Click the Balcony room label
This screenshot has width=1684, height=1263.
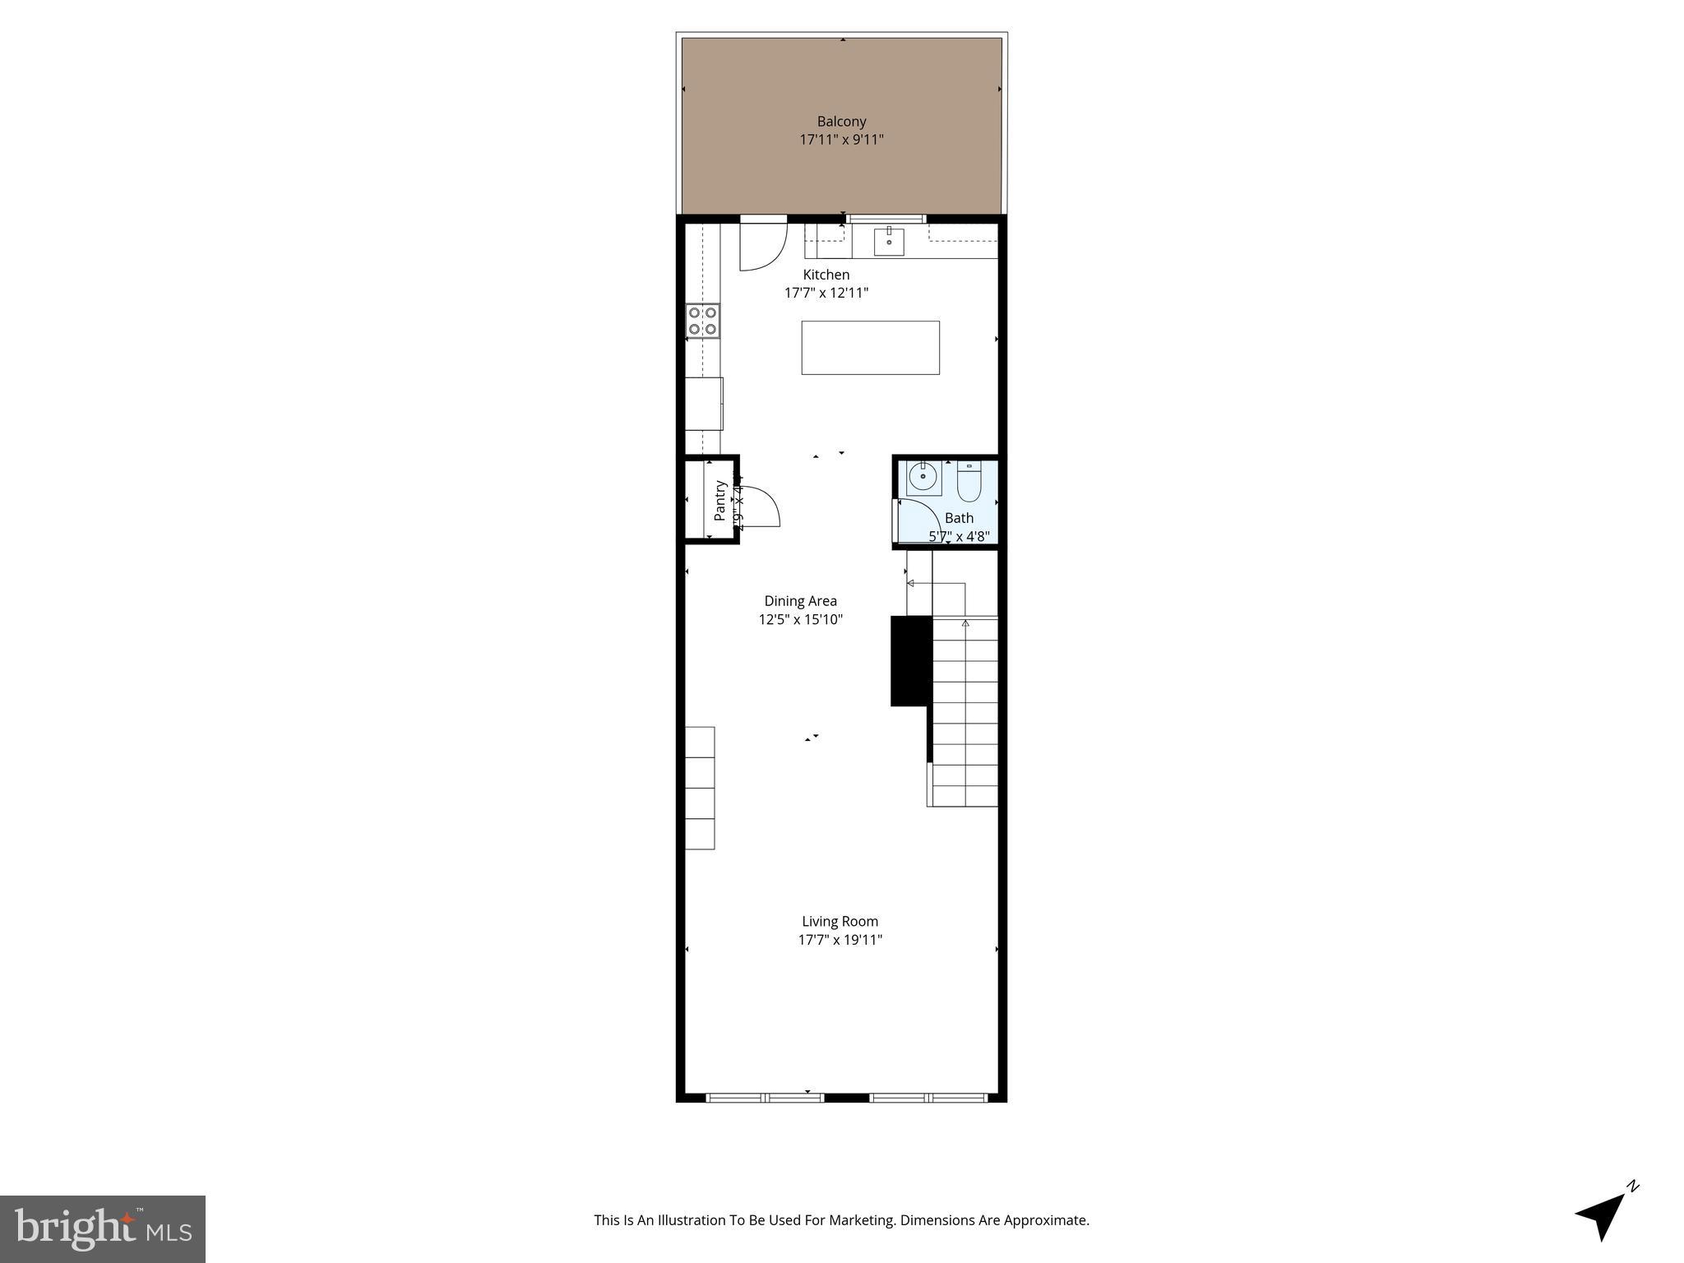point(841,122)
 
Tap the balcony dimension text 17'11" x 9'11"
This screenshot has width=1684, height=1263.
point(841,140)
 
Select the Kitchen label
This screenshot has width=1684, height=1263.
point(826,275)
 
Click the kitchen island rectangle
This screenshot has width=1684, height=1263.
point(870,348)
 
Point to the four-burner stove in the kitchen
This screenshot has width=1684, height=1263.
point(703,321)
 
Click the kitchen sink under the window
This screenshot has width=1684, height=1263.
point(889,242)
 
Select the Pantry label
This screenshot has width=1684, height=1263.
point(720,500)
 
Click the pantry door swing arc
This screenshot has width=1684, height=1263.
point(761,506)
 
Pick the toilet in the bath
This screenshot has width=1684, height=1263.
point(969,483)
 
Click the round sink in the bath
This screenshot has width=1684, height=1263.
point(923,477)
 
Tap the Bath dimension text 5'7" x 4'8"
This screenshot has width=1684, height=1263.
point(959,537)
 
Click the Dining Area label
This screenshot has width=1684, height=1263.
point(800,601)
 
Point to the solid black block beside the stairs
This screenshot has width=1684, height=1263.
point(910,661)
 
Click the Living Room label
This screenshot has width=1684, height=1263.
point(840,922)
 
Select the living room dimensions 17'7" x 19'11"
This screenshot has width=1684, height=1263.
point(840,940)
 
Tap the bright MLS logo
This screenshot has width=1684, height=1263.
point(103,1228)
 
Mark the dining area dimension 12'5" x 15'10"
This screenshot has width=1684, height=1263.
point(800,620)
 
